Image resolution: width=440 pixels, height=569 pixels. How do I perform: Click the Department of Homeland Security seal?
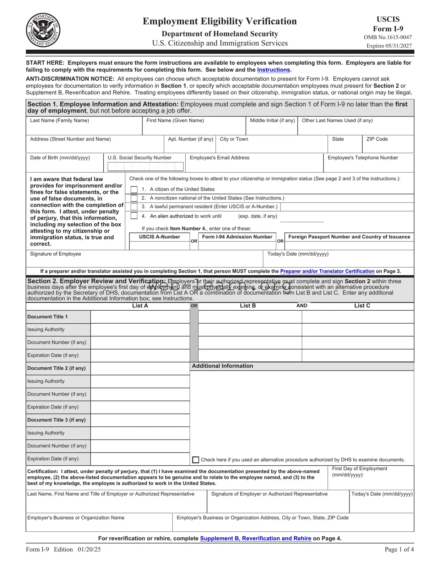[43, 30]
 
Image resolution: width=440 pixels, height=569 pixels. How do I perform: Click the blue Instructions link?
[273, 70]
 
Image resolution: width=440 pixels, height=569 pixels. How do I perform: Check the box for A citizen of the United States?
[134, 190]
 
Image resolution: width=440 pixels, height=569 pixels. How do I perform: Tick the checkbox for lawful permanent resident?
[134, 207]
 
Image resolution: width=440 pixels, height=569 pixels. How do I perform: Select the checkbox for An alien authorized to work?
[134, 216]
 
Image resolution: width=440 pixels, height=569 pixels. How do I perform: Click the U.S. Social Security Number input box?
[146, 166]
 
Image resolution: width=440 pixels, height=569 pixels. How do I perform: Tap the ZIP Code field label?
[377, 139]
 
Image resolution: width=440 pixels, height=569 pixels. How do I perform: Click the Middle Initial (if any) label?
[272, 121]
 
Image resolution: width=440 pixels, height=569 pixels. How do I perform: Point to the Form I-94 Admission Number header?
[237, 237]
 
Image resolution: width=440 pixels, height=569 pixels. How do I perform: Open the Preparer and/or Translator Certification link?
[327, 271]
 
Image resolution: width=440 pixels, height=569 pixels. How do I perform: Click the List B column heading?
[248, 306]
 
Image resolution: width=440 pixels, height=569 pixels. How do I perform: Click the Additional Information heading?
[222, 366]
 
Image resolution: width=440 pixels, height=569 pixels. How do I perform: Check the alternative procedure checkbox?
[196, 460]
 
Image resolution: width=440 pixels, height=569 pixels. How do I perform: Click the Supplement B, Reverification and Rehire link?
[255, 538]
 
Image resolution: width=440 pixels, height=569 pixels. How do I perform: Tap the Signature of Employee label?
[55, 254]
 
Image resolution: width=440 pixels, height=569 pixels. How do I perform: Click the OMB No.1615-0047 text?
[387, 37]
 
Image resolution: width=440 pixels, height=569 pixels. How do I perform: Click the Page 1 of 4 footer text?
[399, 549]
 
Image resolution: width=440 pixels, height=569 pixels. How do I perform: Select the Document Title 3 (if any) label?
[56, 420]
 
